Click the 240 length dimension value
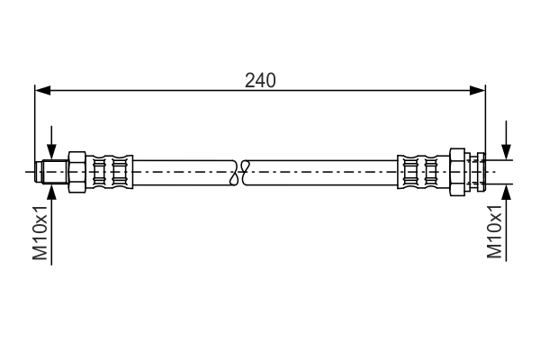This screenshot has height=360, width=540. coord(260,80)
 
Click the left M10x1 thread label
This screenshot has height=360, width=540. coord(40,231)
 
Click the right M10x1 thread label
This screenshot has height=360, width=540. coord(494,231)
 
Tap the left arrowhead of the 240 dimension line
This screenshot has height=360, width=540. coord(41,90)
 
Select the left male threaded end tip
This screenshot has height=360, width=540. coord(40,171)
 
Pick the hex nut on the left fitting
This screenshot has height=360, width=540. coord(76,170)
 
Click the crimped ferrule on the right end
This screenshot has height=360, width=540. coord(419,170)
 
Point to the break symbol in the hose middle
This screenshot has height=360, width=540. coord(242,170)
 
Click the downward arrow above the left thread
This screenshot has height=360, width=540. coord(52,148)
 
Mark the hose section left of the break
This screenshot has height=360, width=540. coord(184,170)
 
